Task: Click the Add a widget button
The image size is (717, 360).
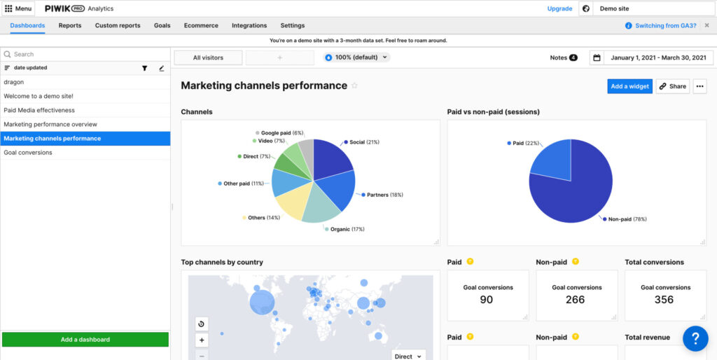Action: tap(629, 86)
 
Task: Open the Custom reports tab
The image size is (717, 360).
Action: tap(118, 25)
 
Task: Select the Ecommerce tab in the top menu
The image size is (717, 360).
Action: tap(201, 25)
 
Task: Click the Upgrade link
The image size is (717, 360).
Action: tap(559, 8)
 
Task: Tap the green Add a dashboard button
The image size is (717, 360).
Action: tap(85, 340)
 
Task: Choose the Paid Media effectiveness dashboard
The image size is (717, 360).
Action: tap(39, 110)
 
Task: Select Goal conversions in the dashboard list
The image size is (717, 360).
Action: tap(28, 152)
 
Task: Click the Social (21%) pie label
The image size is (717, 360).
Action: tap(364, 142)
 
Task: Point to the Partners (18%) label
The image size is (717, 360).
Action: tap(384, 195)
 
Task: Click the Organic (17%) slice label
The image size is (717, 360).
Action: tap(348, 229)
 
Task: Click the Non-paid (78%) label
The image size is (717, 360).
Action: tap(627, 219)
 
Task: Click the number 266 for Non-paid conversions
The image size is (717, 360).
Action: tap(575, 300)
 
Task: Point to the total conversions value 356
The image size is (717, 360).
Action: tap(664, 300)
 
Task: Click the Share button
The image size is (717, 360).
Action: tap(672, 86)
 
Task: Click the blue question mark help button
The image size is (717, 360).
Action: tap(695, 339)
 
